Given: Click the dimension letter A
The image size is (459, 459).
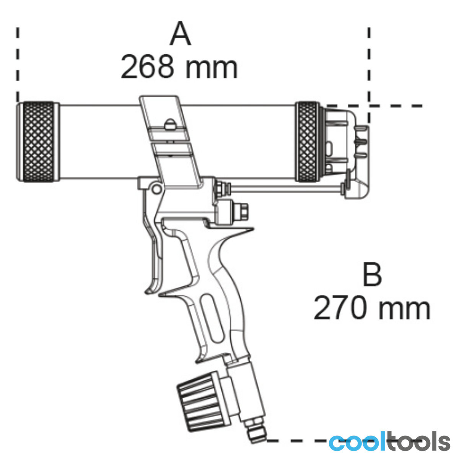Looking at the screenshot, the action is coord(180,34).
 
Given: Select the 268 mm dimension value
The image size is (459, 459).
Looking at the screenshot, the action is coord(179,67).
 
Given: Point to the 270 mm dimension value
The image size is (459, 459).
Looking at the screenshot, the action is coord(372,308).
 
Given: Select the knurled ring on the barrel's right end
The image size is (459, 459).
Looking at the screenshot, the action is coord(307,142).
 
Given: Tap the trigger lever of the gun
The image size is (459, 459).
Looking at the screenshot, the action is coord(153,250).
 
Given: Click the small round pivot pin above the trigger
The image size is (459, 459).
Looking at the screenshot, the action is coord(156,189).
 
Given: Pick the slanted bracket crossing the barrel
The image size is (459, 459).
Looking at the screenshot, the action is coord(171,140).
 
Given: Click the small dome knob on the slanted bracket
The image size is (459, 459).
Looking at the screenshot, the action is coord(169,124).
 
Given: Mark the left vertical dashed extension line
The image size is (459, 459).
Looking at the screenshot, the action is coord(18,64).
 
